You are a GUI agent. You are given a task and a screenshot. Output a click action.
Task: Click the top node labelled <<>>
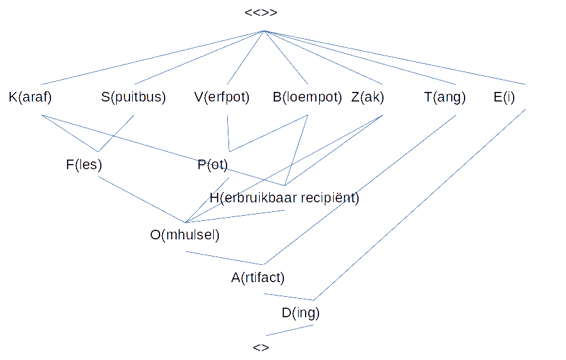pos(261,13)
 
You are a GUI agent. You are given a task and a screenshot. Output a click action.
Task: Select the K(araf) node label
pos(31,97)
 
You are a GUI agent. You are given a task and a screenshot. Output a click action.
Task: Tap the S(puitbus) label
pos(133,97)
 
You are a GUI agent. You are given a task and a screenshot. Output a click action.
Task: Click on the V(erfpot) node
pos(221,97)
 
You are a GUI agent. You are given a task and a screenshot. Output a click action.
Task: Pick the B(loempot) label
pos(307,97)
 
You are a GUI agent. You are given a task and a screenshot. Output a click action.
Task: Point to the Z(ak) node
pos(368,97)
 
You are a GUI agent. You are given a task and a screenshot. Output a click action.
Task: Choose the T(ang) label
pos(445,97)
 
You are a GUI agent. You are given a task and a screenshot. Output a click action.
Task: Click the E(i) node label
pos(504,97)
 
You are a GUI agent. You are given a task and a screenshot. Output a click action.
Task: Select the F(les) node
pos(84,165)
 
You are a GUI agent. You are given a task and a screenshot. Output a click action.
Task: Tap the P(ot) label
pos(212,165)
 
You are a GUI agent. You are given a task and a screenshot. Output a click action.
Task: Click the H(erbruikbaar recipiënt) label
pos(285,198)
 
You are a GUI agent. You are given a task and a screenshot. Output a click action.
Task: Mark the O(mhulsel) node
pos(185,235)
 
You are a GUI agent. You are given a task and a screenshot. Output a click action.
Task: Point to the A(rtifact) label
pos(258,278)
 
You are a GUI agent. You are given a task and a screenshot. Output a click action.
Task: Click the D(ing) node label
pos(301,313)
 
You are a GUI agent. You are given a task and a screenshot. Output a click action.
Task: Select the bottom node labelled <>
pos(261,347)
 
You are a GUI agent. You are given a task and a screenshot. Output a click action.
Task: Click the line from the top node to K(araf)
pos(153,58)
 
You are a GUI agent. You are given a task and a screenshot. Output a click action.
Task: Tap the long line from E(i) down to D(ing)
pos(419,205)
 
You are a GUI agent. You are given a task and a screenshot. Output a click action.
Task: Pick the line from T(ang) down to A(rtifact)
pos(359,190)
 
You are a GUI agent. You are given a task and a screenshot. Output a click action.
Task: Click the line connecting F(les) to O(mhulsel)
pos(142,200)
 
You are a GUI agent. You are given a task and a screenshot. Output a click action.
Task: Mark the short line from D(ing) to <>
pos(290,331)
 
